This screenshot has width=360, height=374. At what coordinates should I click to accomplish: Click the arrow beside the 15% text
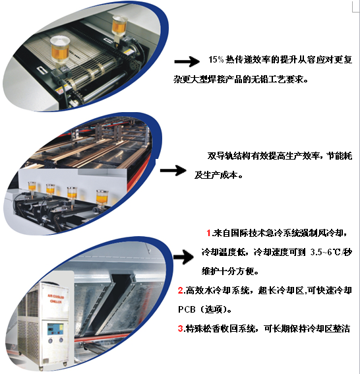[x=187, y=61]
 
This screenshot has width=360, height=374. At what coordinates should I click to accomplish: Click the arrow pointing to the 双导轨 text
[x=173, y=170]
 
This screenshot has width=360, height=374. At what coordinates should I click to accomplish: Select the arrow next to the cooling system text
[x=183, y=257]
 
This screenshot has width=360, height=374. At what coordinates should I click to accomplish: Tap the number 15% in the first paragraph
[x=216, y=59]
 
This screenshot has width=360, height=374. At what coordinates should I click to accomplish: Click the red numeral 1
[x=209, y=233]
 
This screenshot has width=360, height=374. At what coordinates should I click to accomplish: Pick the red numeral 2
[x=181, y=290]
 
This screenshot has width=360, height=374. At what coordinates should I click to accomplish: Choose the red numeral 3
[x=181, y=328]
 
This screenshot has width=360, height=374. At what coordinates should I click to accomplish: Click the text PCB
[x=187, y=309]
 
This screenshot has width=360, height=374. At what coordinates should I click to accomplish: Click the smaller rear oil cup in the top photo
[x=119, y=26]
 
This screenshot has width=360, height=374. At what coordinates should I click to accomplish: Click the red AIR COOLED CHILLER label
[x=56, y=299]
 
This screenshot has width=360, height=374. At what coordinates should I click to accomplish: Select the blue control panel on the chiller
[x=55, y=329]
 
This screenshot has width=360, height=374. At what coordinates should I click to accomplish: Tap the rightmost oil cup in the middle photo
[x=102, y=197]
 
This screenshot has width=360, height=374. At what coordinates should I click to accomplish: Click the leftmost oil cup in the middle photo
[x=32, y=187]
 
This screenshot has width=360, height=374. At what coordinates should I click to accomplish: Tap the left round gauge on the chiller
[x=50, y=341]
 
